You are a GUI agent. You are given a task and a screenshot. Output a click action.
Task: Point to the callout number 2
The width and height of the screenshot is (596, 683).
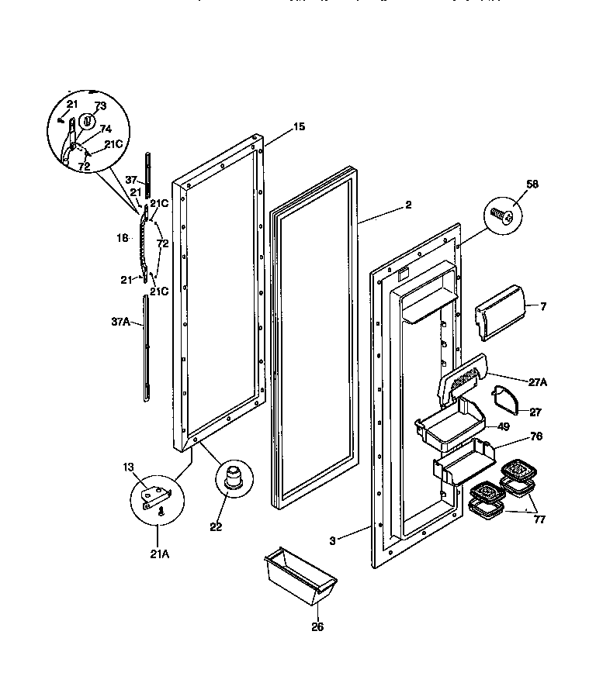point(408,205)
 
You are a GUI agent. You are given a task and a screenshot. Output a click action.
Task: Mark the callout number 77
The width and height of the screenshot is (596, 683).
point(539,519)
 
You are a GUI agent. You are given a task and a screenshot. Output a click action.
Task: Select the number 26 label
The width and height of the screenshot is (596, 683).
point(317,627)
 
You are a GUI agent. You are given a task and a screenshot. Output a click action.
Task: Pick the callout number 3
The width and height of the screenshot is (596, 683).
point(331,540)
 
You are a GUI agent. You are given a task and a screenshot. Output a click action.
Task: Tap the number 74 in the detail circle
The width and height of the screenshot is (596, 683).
point(106,129)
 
